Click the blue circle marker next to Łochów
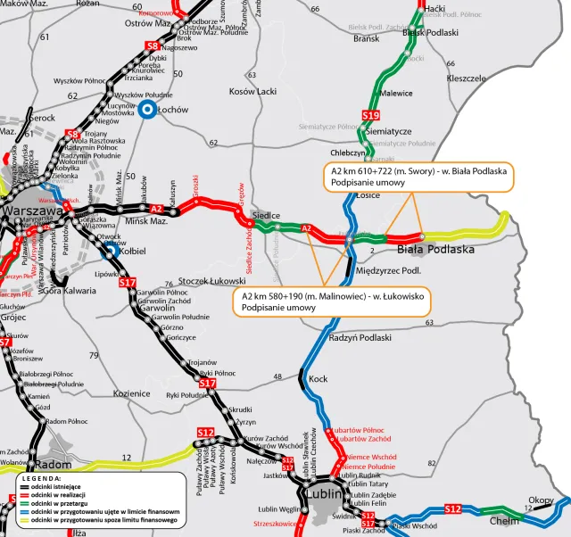coord(147,110)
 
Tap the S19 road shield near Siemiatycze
coord(371,115)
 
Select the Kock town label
coord(318,379)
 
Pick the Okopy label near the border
coord(541,500)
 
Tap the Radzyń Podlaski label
coord(360,337)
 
